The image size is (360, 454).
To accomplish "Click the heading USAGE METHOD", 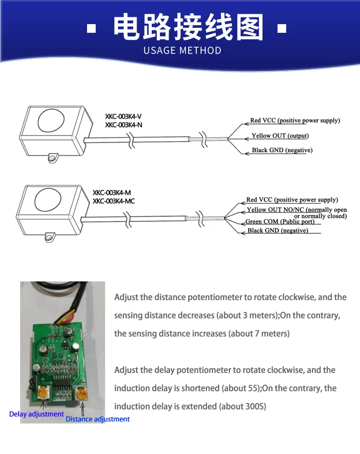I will coord(182,50).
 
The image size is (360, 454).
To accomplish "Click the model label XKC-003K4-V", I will coord(123,117).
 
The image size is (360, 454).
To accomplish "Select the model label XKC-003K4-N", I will coord(123,125).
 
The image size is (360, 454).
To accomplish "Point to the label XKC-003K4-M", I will coord(112,193).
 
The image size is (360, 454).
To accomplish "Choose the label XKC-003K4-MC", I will coord(113,201).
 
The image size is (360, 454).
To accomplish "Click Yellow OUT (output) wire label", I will coord(280,136).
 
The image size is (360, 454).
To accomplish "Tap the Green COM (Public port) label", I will coord(280,222).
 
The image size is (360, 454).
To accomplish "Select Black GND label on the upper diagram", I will coord(282,150).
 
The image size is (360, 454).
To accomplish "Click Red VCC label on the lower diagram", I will coord(292,200).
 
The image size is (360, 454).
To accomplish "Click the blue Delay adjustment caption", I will coord(36,414).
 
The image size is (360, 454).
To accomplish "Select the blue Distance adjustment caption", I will coord(98,419).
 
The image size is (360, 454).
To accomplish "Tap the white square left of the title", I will coord(92,29).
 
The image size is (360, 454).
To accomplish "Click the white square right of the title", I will coord(282,29).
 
